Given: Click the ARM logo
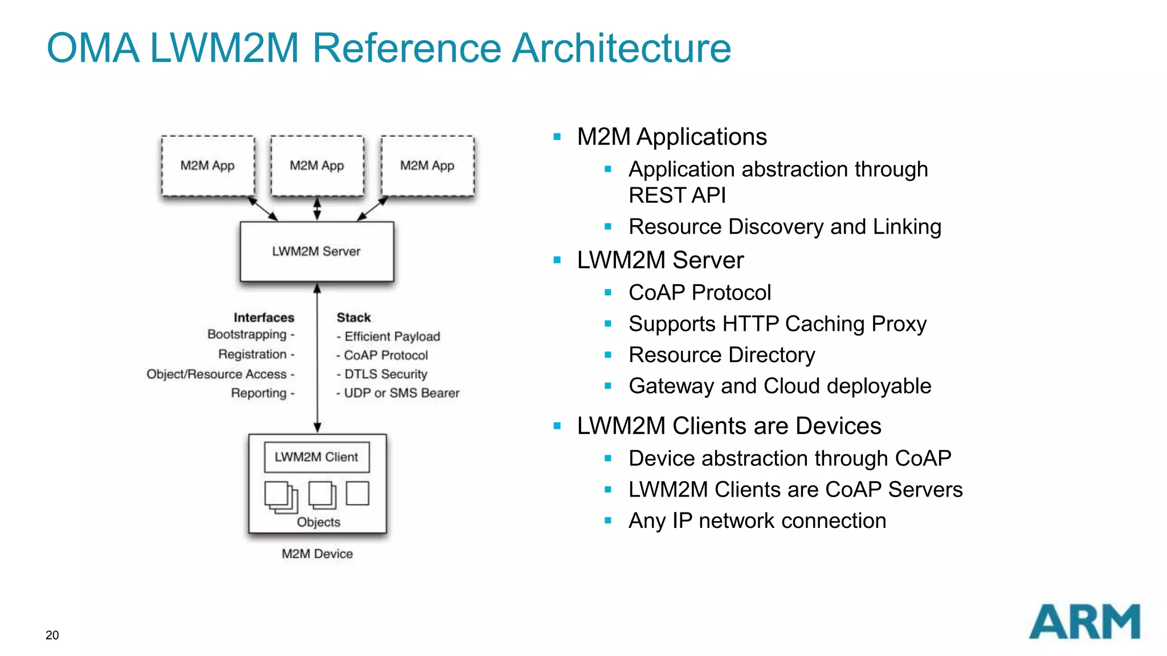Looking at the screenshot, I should pos(1084,622).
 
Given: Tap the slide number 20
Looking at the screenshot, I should pos(52,635).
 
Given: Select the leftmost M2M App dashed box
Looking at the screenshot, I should pos(208,166).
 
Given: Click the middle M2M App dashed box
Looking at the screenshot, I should pos(317,166).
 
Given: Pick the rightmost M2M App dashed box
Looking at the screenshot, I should pos(427,166).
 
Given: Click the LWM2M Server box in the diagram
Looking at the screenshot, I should pos(317,251).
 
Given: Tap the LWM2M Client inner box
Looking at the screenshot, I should pos(317,457).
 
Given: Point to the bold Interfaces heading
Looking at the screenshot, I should pos(264,317).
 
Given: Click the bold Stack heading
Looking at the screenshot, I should pos(353,317).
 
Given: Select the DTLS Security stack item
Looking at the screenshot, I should pos(385,374).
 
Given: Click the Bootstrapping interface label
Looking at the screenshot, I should pos(247,334).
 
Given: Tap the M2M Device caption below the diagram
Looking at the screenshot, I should pos(317,553).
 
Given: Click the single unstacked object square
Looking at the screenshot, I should pos(357,493).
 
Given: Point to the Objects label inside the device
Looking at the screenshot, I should pos(319,522).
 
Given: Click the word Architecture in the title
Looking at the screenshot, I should pos(621,48).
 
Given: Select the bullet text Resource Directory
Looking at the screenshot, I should pos(721,355).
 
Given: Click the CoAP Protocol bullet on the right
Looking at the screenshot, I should pos(699,293).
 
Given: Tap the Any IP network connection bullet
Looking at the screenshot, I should pos(757,520).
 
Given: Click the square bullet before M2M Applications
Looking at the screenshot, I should pos(557,137).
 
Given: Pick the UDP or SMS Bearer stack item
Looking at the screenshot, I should pos(401,393).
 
